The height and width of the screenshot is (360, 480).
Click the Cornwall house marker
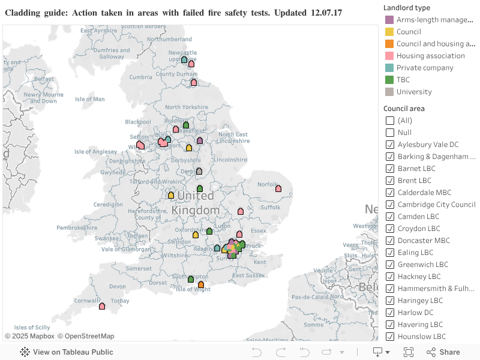click(x=102, y=306)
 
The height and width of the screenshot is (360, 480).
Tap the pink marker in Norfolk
click(x=278, y=188)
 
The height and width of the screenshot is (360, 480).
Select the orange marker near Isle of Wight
click(x=201, y=284)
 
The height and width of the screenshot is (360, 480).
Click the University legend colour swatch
click(x=389, y=92)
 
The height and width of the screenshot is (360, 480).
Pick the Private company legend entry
click(x=425, y=68)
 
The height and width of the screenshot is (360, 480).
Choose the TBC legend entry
click(x=403, y=80)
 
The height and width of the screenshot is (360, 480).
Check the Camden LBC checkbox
click(x=390, y=217)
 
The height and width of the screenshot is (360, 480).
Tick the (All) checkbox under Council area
click(x=390, y=121)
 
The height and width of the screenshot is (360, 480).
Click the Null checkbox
click(x=390, y=133)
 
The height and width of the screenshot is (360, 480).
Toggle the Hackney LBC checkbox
click(x=390, y=277)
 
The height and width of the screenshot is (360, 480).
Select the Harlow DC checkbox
click(x=390, y=313)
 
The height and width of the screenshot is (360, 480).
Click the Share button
click(x=443, y=352)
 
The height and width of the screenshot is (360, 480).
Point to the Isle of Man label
click(x=90, y=99)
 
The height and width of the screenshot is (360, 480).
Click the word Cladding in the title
click(x=23, y=13)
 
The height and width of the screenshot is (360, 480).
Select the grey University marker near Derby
click(x=199, y=171)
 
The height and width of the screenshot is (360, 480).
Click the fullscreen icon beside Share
click(x=409, y=352)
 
